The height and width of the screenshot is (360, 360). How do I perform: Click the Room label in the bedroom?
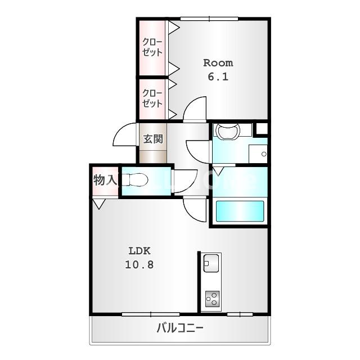pyautogui.click(x=218, y=63)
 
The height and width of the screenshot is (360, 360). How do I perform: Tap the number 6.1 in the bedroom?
pyautogui.click(x=218, y=76)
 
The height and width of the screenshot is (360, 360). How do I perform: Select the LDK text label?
pyautogui.click(x=139, y=251)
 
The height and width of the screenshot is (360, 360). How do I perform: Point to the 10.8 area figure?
pyautogui.click(x=139, y=264)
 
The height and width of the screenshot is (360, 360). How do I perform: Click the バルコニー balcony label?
pyautogui.click(x=180, y=327)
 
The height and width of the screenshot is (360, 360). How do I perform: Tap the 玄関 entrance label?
pyautogui.click(x=153, y=139)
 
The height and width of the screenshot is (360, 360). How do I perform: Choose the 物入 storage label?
pyautogui.click(x=105, y=180)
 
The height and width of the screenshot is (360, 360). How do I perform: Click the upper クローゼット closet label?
pyautogui.click(x=152, y=47)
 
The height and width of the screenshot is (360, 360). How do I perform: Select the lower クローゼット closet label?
pyautogui.click(x=152, y=98)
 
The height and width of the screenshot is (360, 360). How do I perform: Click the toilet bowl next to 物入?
pyautogui.click(x=135, y=179)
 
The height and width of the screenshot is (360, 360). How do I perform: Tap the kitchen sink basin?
pyautogui.click(x=211, y=263)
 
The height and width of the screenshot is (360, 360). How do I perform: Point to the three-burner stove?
pyautogui.click(x=212, y=299)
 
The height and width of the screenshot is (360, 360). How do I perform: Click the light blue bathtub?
pyautogui.click(x=240, y=211)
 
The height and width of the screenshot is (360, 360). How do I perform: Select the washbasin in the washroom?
pyautogui.click(x=227, y=131)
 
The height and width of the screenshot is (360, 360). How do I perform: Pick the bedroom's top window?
pyautogui.click(x=209, y=19)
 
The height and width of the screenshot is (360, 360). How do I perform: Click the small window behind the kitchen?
pyautogui.click(x=240, y=314)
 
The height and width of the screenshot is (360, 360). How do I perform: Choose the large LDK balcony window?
pyautogui.click(x=151, y=314)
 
